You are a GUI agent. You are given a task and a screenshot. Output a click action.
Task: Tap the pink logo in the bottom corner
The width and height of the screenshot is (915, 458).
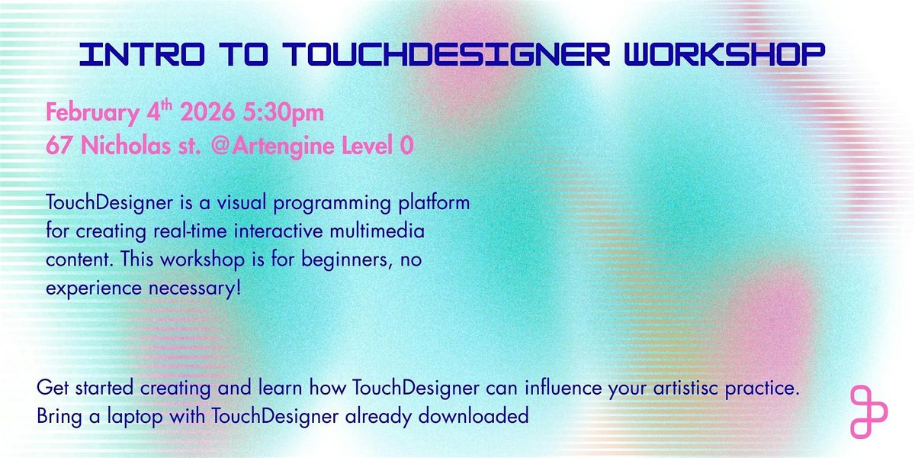[868, 413]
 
